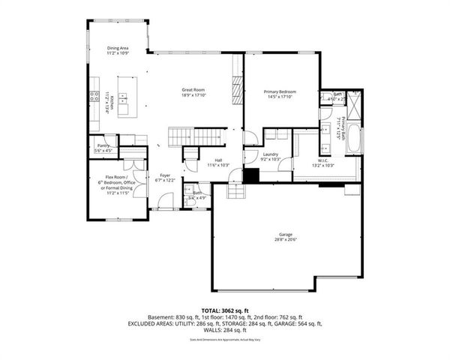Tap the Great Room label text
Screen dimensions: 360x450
coord(193,92)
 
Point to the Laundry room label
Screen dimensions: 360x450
coord(270,156)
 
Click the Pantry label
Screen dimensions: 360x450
coord(103,148)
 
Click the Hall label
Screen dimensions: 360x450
coord(218,161)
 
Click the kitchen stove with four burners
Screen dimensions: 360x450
coord(95,96)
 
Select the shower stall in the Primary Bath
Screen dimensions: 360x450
coord(355,101)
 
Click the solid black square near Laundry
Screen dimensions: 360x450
coord(251,175)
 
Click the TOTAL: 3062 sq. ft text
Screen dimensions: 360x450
coord(225,309)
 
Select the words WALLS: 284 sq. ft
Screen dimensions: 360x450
coord(225,329)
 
